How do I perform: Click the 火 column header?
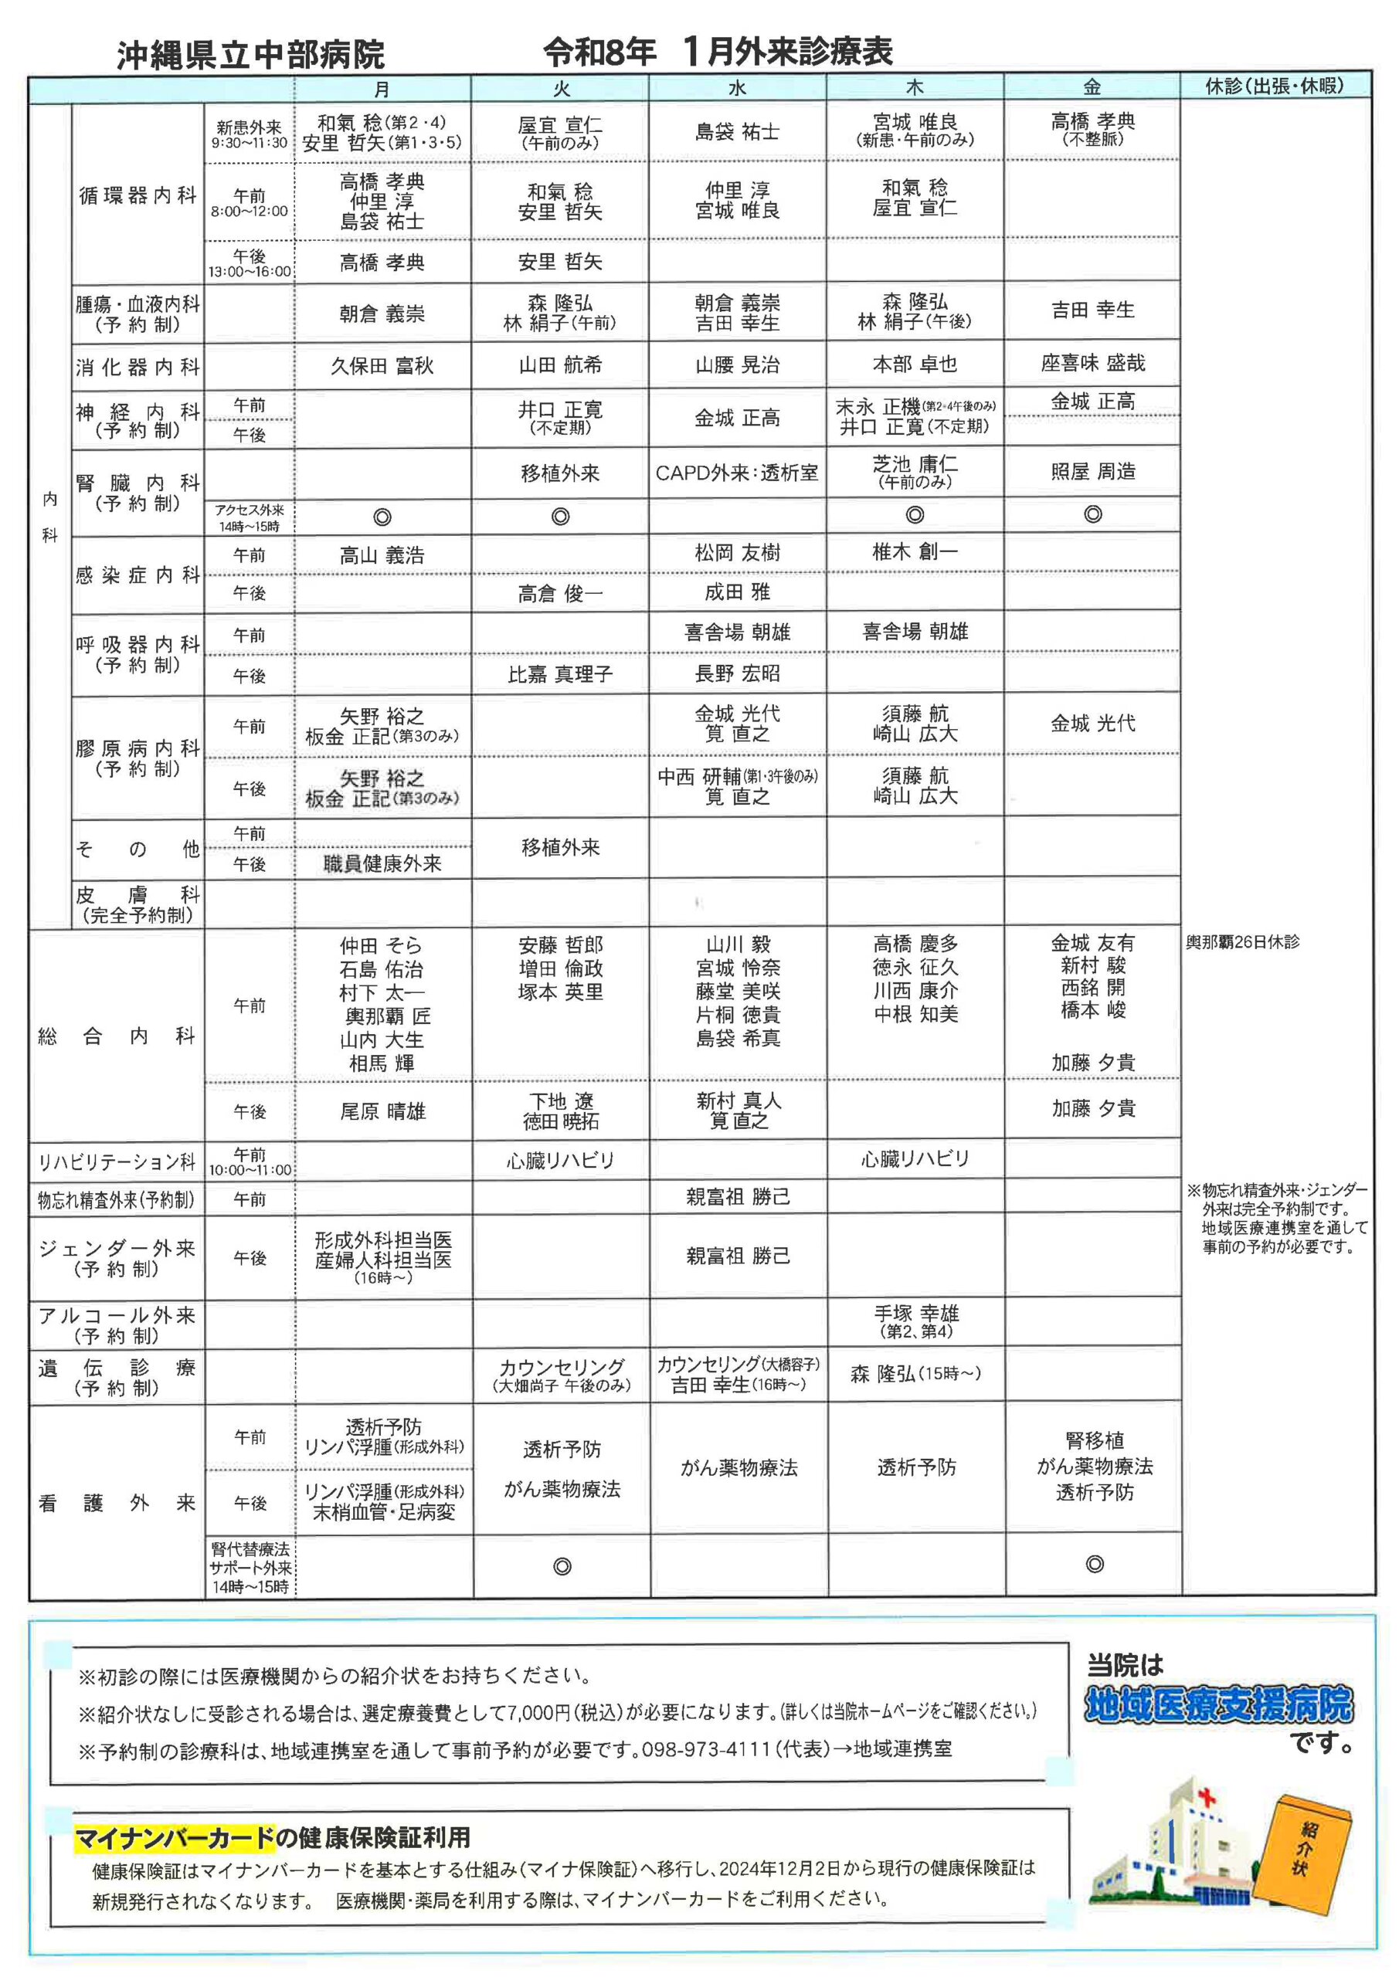[560, 88]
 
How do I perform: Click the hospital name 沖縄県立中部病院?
[251, 55]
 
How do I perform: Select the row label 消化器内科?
[138, 367]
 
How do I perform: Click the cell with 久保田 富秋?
[382, 366]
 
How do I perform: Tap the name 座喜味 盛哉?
[1092, 364]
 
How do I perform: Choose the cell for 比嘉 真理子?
[560, 674]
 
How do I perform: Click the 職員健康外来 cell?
[382, 863]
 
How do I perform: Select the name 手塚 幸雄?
[915, 1314]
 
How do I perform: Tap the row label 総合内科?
[117, 1036]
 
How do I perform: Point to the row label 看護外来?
[117, 1504]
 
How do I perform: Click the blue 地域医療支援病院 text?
[1217, 1705]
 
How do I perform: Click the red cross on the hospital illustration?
[1207, 1797]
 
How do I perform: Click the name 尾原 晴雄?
[382, 1111]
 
